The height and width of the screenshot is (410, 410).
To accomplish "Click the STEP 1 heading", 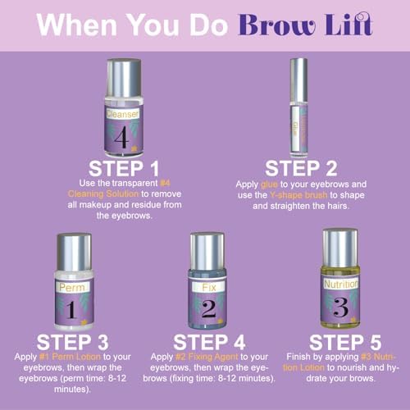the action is point(124,168).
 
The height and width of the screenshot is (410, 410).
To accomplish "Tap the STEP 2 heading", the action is point(301,168).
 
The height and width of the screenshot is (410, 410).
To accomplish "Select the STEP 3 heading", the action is point(73,342).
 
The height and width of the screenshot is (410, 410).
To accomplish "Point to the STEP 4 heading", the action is point(209,342).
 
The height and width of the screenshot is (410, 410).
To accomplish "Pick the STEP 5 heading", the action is point(345,342).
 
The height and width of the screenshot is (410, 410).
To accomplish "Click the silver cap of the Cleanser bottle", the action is point(124,78).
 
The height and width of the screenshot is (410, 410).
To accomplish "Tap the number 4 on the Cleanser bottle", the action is point(121,137).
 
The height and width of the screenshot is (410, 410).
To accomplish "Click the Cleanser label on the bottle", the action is point(123,114).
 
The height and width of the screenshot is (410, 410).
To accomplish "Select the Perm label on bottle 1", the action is point(72,287).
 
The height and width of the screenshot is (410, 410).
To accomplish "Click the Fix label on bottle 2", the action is point(209,287).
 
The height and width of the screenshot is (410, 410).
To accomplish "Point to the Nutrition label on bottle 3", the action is point(341,285).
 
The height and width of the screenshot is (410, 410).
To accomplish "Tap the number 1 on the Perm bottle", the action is point(71,310).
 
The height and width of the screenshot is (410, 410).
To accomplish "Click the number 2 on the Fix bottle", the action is point(209,309).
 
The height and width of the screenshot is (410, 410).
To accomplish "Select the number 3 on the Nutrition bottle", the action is point(340,307).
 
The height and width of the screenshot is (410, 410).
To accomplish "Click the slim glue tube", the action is point(298,108).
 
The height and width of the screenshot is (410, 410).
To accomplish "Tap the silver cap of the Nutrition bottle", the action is point(340,248).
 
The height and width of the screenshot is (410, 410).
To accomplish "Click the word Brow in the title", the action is point(277,25).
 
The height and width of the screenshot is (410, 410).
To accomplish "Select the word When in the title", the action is point(77,25).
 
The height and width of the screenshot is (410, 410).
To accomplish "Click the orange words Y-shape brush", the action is point(298,195).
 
